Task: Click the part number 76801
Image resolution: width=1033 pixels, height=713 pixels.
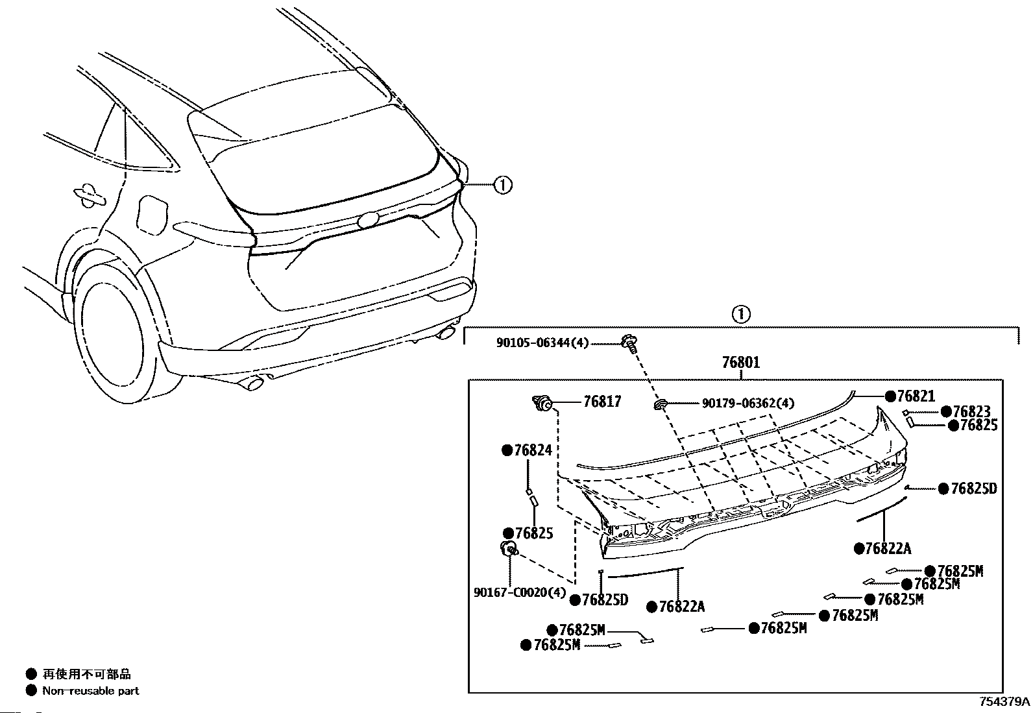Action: tap(740, 362)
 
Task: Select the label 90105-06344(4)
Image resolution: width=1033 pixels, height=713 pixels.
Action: tap(542, 343)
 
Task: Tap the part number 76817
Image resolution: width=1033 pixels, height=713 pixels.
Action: tap(602, 402)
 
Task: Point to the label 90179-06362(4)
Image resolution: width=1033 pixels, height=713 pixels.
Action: tap(748, 404)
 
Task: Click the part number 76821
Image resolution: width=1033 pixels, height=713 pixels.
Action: tap(916, 396)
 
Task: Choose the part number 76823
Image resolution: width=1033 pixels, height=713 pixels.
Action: tap(971, 411)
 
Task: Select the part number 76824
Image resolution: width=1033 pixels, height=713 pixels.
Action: tap(533, 450)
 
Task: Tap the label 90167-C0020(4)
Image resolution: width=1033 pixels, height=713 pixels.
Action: tap(520, 592)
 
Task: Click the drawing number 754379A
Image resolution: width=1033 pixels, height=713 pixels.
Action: tap(1004, 701)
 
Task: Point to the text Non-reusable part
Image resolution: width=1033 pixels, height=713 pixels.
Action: tap(90, 690)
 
